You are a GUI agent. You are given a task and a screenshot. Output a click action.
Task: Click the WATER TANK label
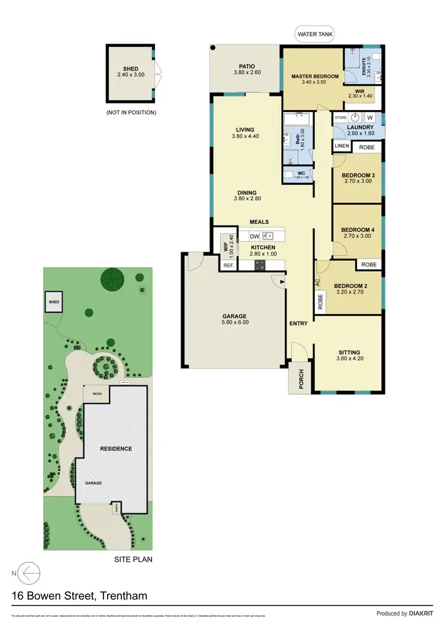point(314,35)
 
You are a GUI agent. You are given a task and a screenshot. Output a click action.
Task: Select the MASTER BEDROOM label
point(314,77)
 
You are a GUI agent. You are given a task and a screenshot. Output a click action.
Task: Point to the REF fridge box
point(228,266)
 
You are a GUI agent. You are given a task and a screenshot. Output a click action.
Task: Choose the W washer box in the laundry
point(369,117)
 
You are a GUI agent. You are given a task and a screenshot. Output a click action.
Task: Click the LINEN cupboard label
point(342,146)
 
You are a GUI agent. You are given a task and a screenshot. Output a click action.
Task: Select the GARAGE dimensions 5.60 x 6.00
point(235,323)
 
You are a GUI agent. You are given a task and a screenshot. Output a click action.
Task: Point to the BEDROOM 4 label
point(358,230)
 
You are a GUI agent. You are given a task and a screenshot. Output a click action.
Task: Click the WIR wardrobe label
point(359,91)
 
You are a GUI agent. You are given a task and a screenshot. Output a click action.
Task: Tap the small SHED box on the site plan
point(54,302)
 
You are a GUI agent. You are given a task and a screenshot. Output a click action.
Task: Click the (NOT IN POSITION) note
point(131,112)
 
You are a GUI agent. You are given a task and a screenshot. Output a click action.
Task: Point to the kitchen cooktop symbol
point(260,266)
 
